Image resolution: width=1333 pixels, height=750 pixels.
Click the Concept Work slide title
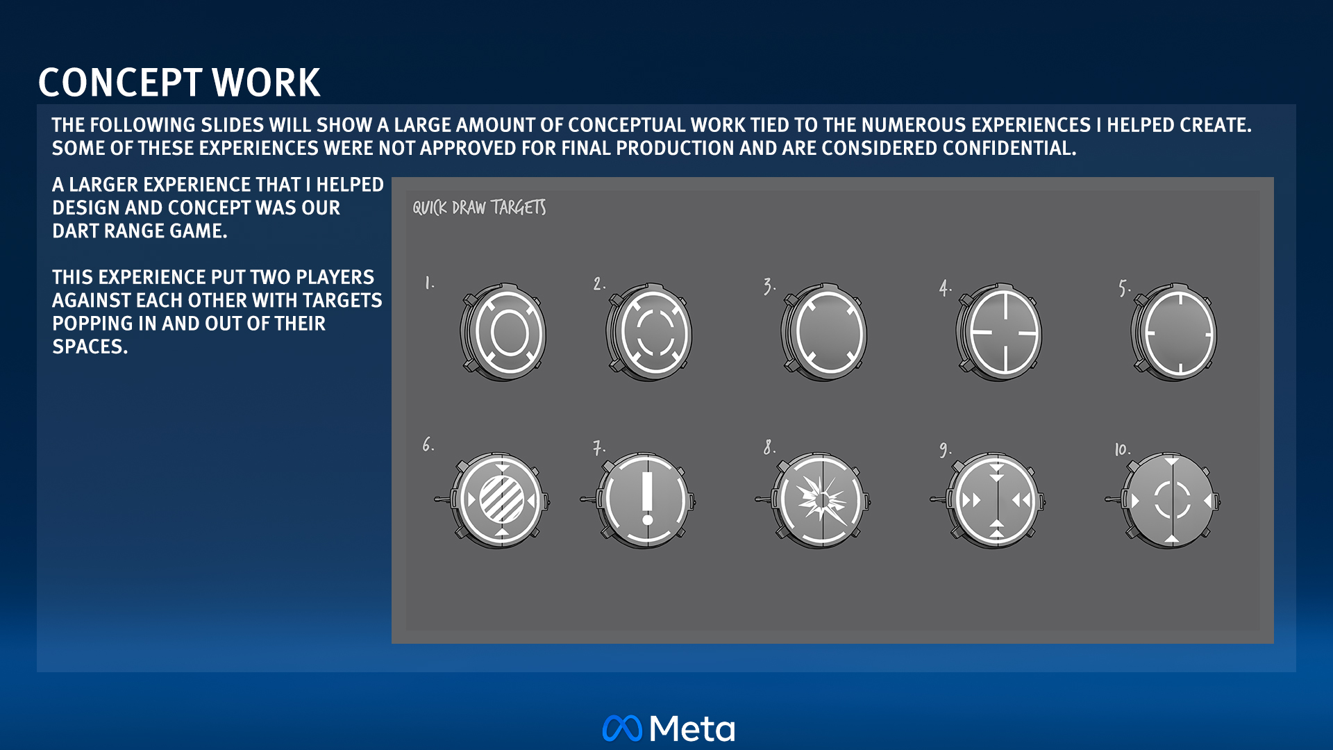(x=179, y=83)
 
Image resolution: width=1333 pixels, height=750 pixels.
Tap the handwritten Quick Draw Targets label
(x=479, y=207)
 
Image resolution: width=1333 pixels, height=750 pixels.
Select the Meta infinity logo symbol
(x=622, y=728)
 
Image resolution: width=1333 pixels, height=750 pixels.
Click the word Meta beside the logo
(x=692, y=728)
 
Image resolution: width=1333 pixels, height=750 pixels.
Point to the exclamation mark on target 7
(x=647, y=499)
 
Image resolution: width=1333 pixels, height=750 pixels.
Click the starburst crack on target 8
(x=821, y=499)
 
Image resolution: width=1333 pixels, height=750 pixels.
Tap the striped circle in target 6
(x=502, y=499)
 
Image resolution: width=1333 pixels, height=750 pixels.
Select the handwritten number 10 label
(x=1123, y=449)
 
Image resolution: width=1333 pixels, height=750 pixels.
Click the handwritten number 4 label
(x=945, y=287)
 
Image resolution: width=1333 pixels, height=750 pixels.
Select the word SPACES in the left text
(x=90, y=347)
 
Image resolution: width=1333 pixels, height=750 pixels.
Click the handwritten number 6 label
(x=428, y=444)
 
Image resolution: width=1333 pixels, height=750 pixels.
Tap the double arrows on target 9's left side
(x=971, y=500)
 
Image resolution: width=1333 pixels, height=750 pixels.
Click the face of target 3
(x=829, y=333)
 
